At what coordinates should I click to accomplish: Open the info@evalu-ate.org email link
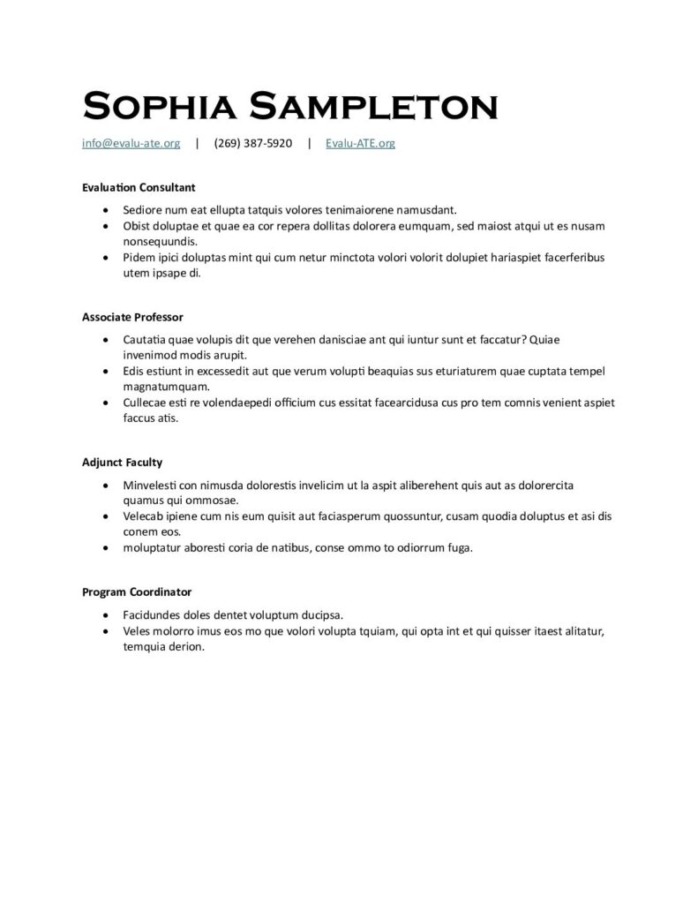pyautogui.click(x=131, y=143)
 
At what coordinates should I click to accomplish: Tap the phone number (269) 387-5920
pyautogui.click(x=252, y=143)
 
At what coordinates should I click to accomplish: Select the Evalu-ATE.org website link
pyautogui.click(x=360, y=143)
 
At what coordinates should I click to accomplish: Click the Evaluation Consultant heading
pyautogui.click(x=138, y=187)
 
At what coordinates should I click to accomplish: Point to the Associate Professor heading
pyautogui.click(x=132, y=317)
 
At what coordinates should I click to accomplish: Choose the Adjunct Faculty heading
pyautogui.click(x=122, y=462)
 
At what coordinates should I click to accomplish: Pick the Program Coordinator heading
pyautogui.click(x=137, y=591)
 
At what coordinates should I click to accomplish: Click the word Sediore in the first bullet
pyautogui.click(x=144, y=210)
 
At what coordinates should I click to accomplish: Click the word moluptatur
pyautogui.click(x=154, y=547)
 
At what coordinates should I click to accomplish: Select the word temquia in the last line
pyautogui.click(x=143, y=645)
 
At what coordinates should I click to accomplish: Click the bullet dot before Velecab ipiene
pyautogui.click(x=106, y=516)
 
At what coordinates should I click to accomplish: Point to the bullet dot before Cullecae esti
pyautogui.click(x=106, y=403)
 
